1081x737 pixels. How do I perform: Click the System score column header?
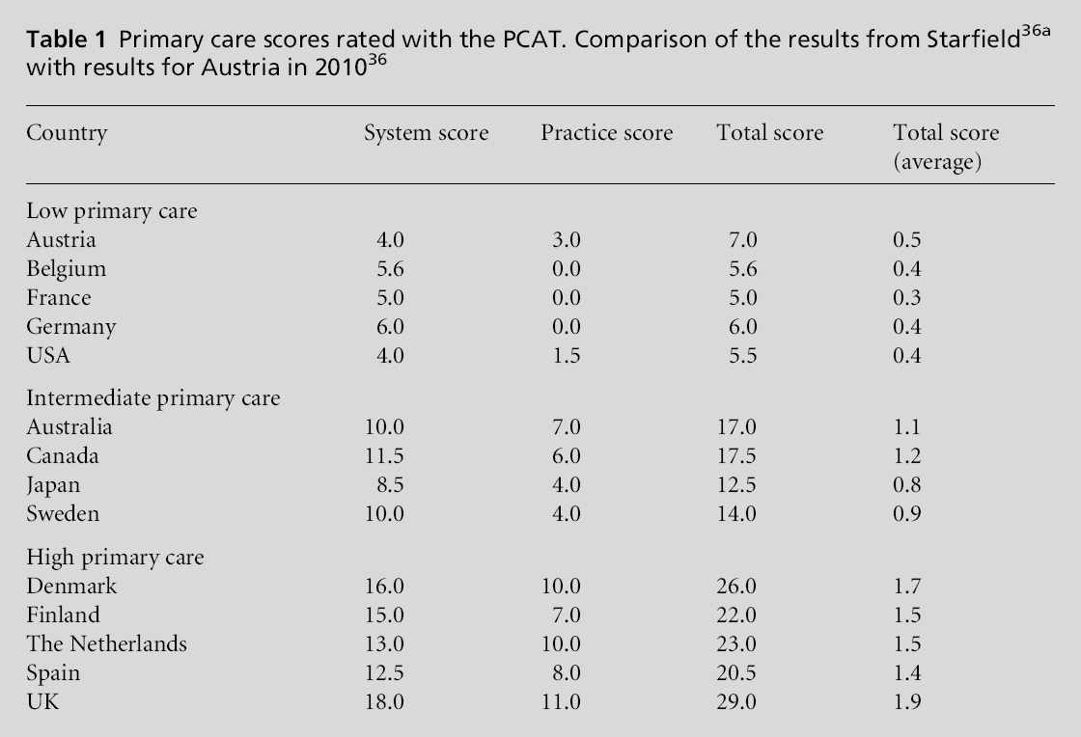coord(426,133)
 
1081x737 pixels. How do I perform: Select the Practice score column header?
coord(606,133)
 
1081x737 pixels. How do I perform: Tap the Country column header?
coord(67,133)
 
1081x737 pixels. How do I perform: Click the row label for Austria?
coord(61,240)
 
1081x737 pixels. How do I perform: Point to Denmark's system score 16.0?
coord(383,587)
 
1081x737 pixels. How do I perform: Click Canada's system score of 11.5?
coord(383,456)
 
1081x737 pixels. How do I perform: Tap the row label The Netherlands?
coord(106,644)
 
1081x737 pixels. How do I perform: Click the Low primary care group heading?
coord(111,211)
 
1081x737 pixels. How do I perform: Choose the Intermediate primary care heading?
coord(152,398)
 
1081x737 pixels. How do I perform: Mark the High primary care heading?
coord(115,558)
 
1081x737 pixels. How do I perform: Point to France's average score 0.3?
coord(907,298)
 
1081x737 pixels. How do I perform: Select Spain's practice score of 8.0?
coord(566,673)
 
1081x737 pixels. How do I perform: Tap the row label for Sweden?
coord(63,514)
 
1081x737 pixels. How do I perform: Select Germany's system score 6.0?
coord(389,327)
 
